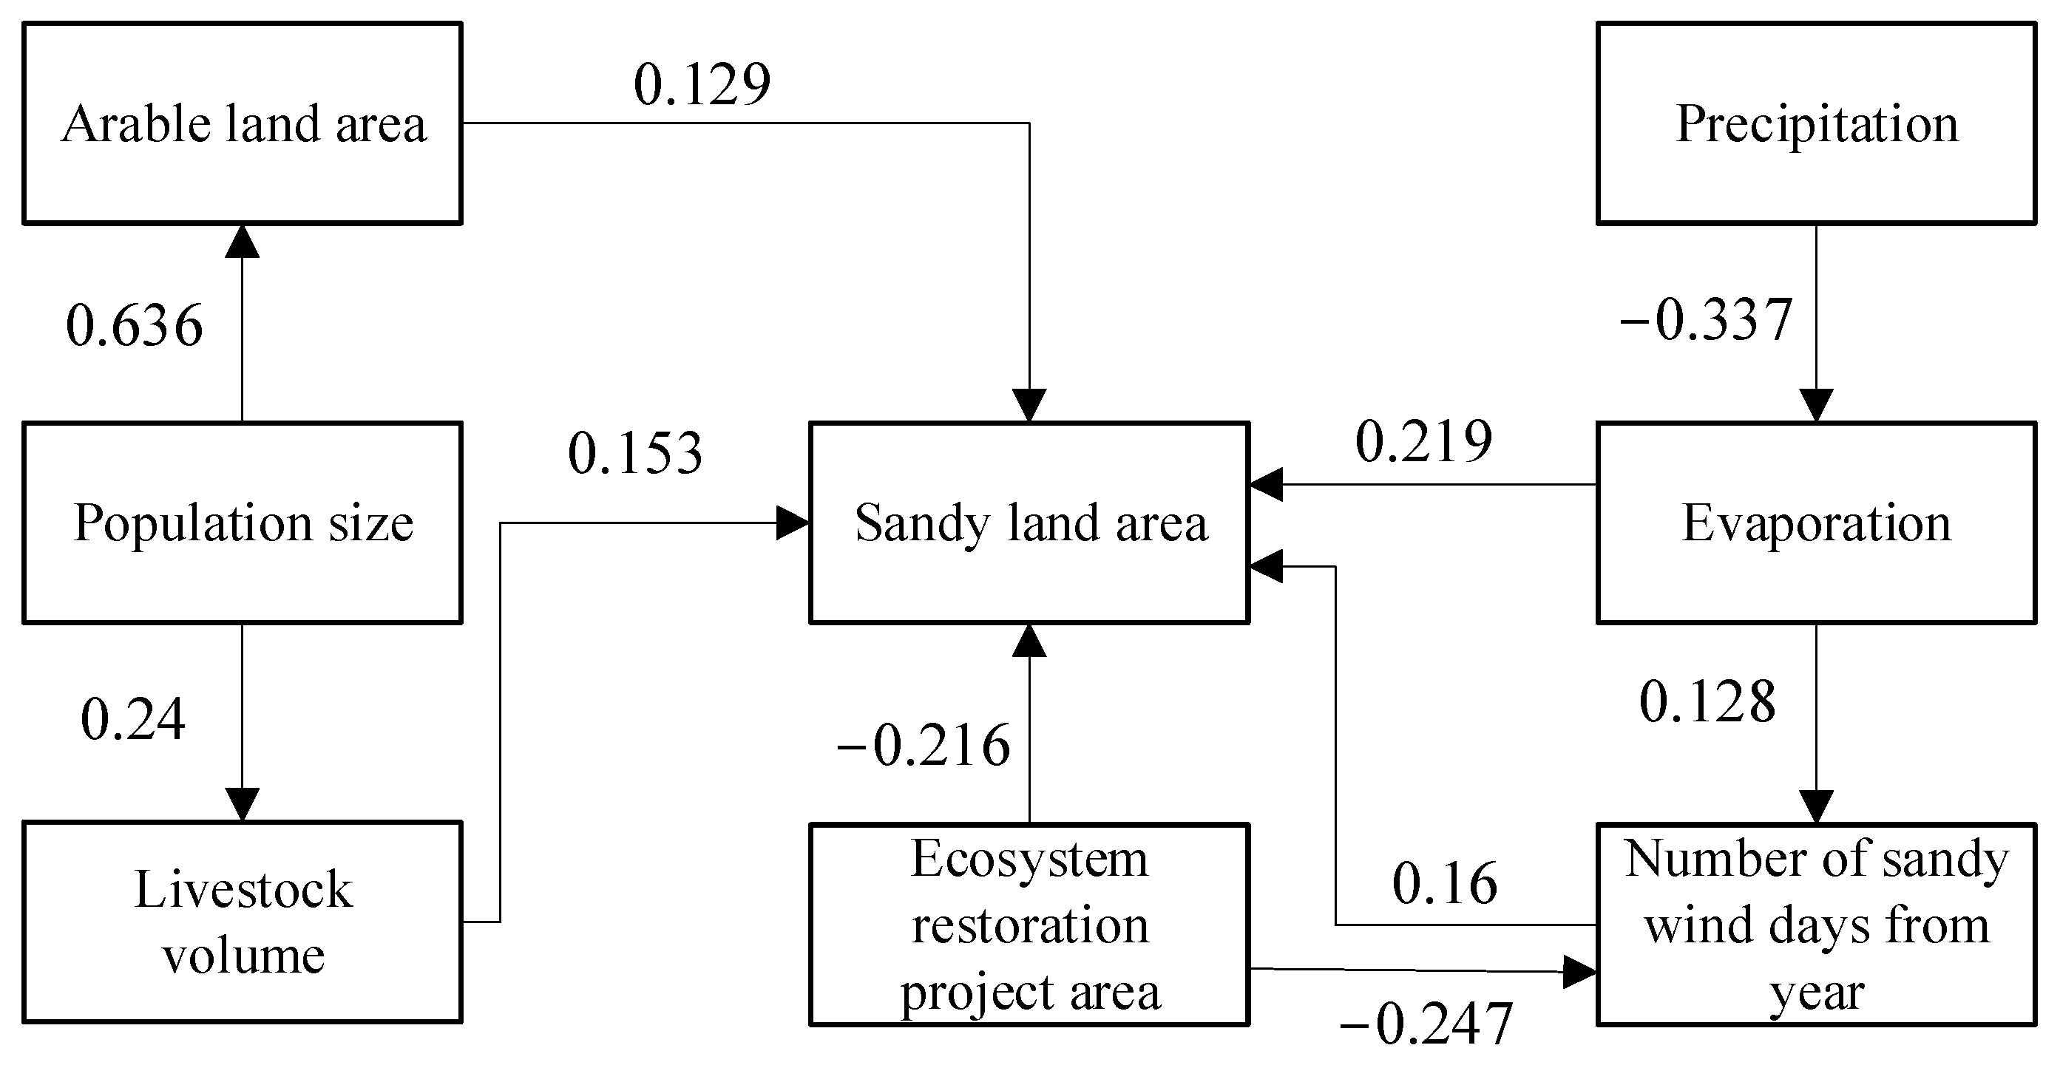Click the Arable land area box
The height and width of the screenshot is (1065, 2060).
243,123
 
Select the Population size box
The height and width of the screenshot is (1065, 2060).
243,523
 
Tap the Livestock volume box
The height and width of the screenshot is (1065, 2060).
243,922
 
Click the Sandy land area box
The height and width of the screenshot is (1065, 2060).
1029,523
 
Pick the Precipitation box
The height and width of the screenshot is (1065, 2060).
1816,123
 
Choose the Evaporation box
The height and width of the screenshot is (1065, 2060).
1816,523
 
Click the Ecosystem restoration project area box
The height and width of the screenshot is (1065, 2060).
1029,925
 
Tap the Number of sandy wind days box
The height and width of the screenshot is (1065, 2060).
1816,925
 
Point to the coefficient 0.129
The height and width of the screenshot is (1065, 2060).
702,84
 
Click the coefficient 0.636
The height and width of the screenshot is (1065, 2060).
135,325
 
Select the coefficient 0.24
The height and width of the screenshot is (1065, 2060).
133,719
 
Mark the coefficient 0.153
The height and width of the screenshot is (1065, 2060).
635,452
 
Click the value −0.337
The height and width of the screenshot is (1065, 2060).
1706,320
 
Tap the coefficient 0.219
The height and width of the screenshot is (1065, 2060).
1423,441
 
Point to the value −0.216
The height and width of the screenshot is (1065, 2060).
924,745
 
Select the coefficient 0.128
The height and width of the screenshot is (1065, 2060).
1707,701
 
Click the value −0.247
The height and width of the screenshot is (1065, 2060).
1425,1024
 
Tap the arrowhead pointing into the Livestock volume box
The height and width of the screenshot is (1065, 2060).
243,804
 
